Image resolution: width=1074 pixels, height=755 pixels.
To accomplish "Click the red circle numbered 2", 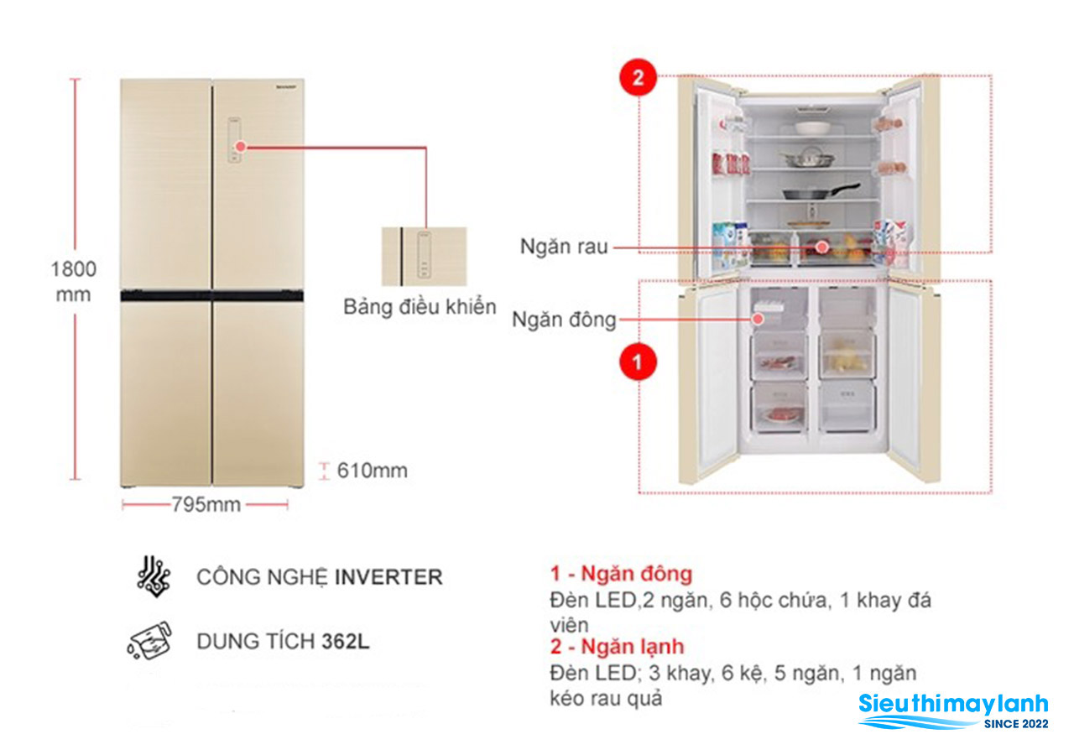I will click(638, 78).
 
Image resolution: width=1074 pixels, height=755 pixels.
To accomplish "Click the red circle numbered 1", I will click(638, 362).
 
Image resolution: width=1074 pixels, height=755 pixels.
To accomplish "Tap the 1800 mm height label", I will click(74, 281).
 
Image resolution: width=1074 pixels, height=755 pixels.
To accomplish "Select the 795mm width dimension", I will click(206, 504).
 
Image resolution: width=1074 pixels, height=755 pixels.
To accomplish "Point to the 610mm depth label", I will click(372, 471).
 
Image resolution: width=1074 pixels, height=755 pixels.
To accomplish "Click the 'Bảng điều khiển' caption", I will click(420, 307).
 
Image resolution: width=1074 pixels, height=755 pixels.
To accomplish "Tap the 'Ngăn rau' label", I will click(563, 247).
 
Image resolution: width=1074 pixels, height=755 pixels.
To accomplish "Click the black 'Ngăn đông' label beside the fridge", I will click(564, 320).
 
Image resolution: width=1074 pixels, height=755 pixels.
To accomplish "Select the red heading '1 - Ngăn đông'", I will click(621, 575).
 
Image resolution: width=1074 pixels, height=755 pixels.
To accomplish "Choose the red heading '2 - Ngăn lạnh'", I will click(617, 647).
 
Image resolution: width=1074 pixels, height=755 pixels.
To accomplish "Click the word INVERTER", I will click(388, 577).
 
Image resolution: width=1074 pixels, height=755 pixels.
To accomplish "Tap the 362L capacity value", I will click(346, 642).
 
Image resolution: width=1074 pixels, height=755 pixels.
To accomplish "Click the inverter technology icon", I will click(154, 575).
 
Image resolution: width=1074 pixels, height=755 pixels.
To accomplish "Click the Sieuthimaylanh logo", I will click(953, 711).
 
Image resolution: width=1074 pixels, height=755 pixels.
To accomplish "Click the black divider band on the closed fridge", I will click(211, 295).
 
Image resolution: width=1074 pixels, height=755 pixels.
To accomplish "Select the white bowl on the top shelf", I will click(812, 128).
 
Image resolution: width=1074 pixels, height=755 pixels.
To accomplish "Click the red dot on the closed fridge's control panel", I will click(241, 146).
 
